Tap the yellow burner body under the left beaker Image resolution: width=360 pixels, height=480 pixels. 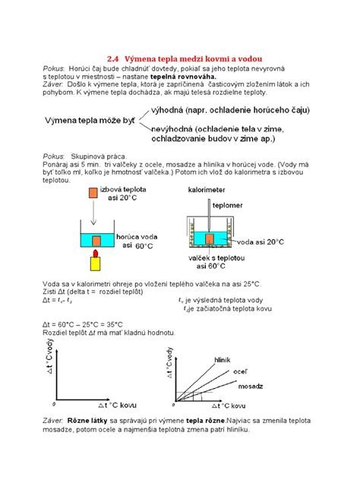(96, 263)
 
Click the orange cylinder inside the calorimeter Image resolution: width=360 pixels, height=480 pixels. (211, 242)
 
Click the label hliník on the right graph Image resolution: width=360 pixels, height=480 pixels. (223, 358)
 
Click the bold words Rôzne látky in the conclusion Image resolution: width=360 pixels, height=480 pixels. (84, 419)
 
